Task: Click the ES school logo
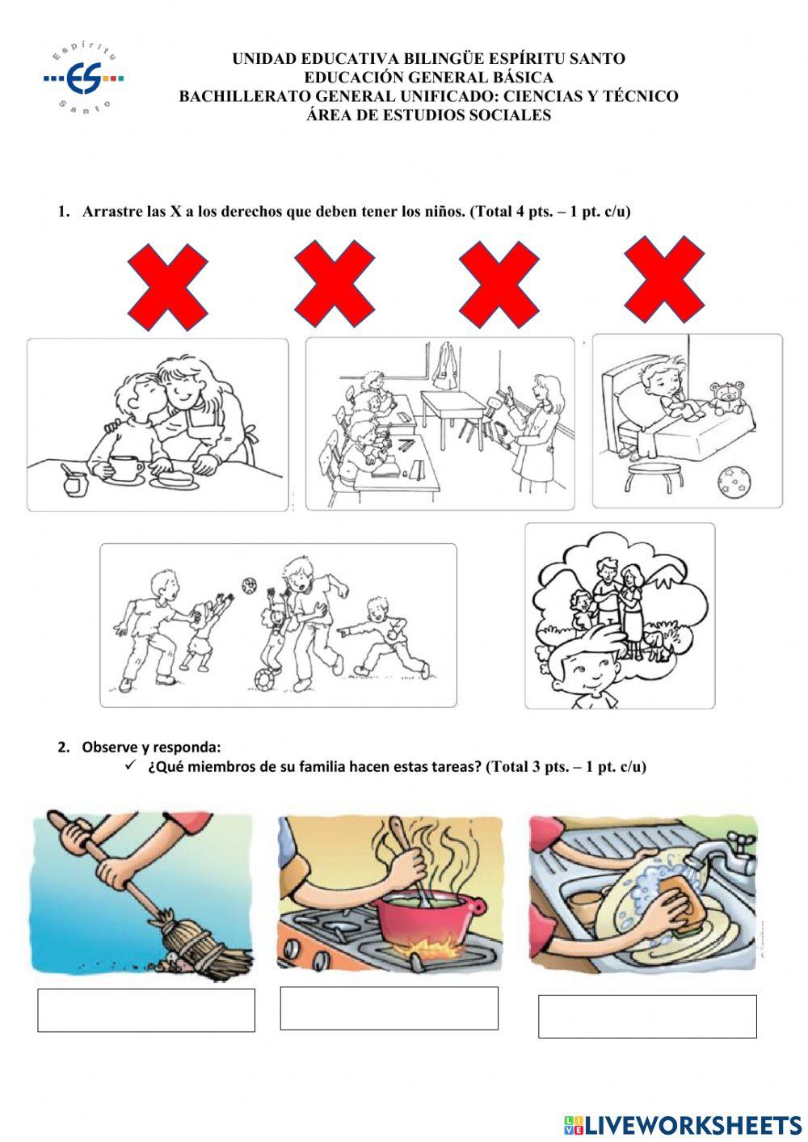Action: point(83,78)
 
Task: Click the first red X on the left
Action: point(168,287)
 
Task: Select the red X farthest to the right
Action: point(665,280)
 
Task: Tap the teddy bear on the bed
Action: point(728,398)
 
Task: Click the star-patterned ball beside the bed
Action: point(734,483)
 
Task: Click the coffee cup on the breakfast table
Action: point(125,467)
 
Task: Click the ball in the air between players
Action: point(250,585)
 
